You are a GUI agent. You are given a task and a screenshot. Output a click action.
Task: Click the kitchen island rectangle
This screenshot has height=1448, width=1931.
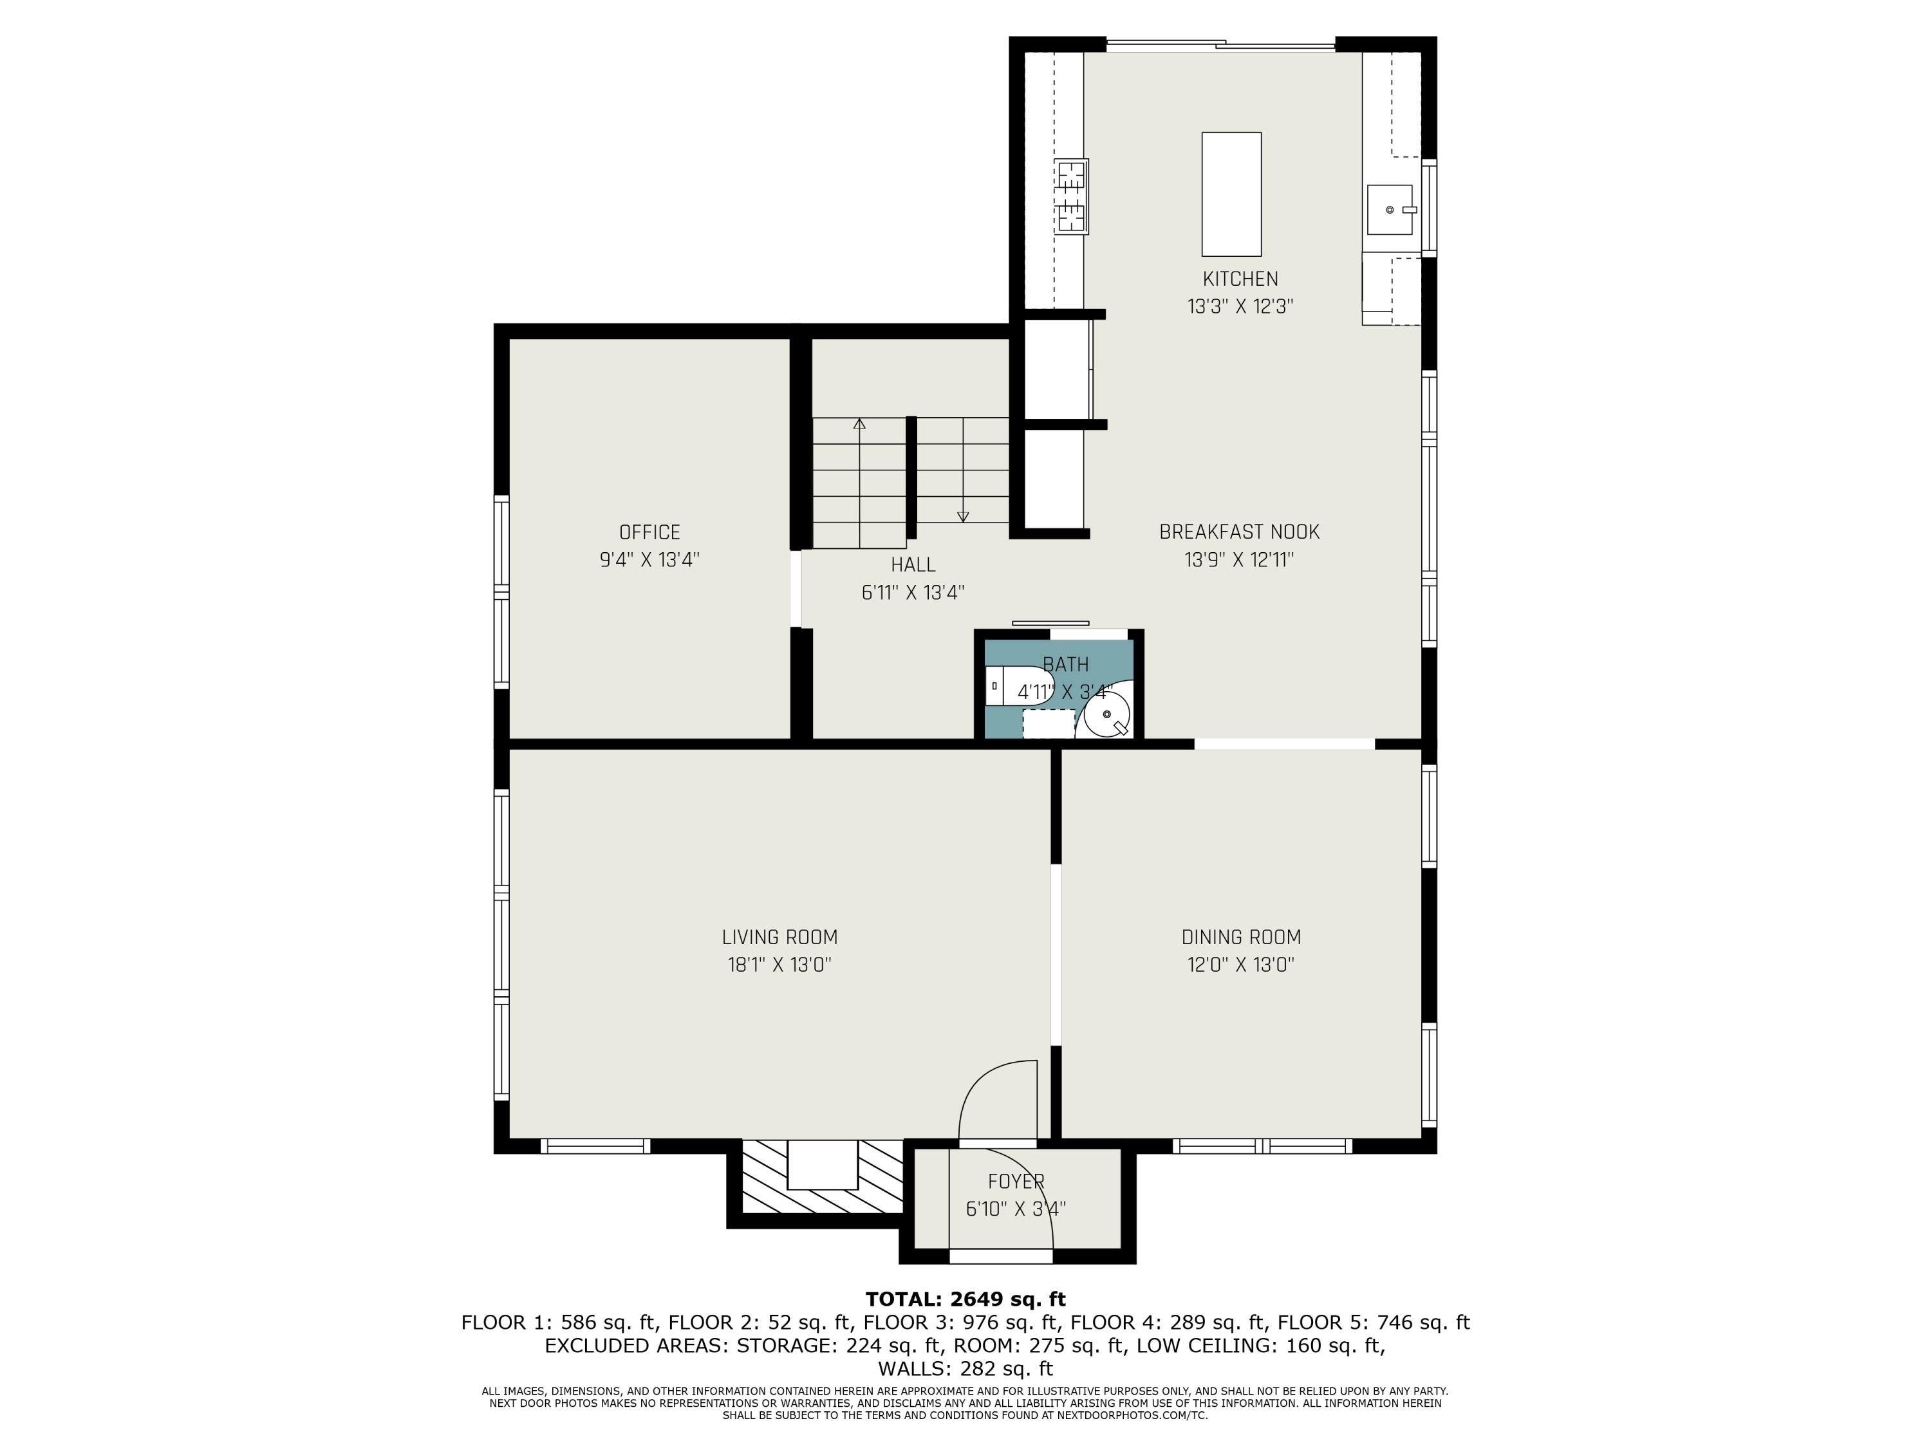coord(1231,194)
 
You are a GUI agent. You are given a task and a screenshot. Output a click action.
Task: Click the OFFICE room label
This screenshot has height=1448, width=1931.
coord(649,532)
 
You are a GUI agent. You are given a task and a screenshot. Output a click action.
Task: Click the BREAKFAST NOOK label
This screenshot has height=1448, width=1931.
coord(1239,532)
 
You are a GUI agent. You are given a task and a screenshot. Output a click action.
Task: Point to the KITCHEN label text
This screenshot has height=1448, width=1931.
coord(1240,279)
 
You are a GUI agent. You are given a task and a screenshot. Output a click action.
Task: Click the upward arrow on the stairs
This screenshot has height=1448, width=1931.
coord(860,425)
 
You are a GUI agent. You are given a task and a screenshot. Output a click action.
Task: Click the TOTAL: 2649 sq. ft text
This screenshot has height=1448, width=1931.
coord(965,1299)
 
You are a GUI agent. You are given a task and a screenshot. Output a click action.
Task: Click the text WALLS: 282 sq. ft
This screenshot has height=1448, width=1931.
coord(965,1369)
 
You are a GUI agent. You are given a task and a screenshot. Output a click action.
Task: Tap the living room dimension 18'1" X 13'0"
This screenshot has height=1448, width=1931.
coord(779,965)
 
